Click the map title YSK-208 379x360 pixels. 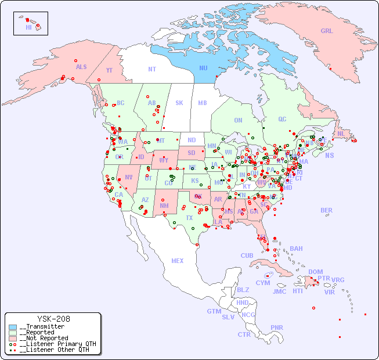click(53, 319)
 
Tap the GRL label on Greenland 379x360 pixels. click(327, 31)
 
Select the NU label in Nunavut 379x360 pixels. click(203, 68)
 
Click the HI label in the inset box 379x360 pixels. click(28, 27)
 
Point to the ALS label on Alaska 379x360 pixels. click(81, 67)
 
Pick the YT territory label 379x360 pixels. click(109, 70)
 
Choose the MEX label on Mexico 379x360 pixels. click(178, 261)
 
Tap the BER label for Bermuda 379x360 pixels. click(327, 210)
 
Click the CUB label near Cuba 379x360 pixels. click(247, 255)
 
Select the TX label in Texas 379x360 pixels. click(189, 218)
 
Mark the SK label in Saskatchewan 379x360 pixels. click(179, 103)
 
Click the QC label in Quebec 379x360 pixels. click(282, 119)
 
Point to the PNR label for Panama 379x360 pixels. click(277, 327)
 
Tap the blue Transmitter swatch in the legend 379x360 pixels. click(13, 327)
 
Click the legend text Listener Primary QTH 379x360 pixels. click(57, 344)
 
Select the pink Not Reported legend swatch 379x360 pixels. click(13, 338)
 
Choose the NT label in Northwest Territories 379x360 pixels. click(151, 69)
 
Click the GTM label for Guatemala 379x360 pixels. click(214, 311)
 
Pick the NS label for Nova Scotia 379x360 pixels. click(329, 155)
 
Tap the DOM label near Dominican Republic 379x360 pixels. click(315, 272)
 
